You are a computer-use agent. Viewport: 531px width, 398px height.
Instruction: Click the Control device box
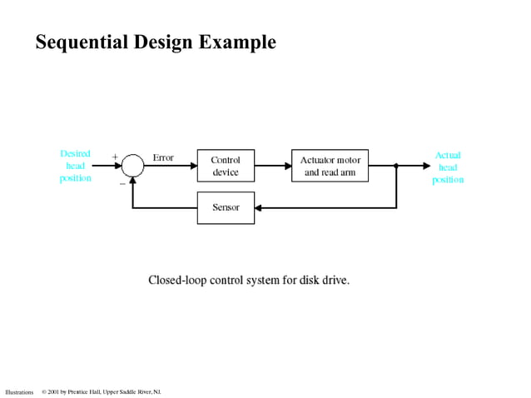[226, 166]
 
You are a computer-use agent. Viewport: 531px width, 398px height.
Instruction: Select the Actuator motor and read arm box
[330, 166]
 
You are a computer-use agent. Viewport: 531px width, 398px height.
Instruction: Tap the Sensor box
[226, 207]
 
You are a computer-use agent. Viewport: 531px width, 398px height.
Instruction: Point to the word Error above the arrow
[163, 157]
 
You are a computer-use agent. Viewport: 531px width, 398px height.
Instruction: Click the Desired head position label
[76, 167]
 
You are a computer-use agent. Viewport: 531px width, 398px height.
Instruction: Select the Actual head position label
[448, 167]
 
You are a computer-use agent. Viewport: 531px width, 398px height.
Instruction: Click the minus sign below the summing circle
[122, 182]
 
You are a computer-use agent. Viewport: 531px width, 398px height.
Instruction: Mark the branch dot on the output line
[396, 166]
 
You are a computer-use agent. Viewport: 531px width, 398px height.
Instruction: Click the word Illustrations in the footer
[19, 391]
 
